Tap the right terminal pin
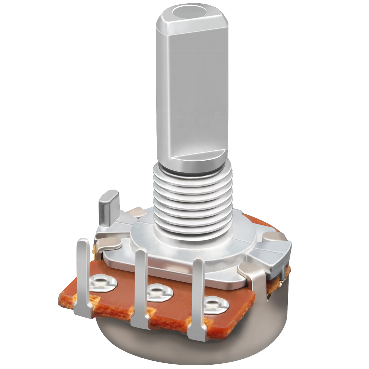pos(198,288)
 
